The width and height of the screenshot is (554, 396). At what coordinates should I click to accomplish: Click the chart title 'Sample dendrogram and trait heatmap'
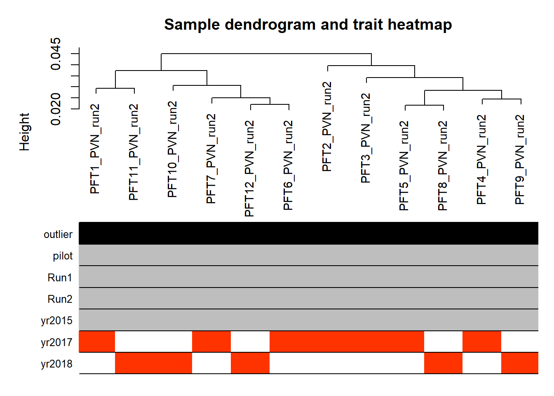(x=308, y=25)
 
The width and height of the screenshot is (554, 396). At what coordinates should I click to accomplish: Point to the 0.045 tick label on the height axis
(x=55, y=54)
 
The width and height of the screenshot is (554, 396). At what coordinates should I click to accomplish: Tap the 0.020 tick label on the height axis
(x=55, y=109)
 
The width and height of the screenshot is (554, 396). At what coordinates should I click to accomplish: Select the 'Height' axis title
(x=24, y=132)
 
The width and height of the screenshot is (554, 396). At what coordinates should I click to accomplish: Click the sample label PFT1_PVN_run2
(x=95, y=149)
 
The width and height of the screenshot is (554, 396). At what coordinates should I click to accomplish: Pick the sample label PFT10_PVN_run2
(x=173, y=149)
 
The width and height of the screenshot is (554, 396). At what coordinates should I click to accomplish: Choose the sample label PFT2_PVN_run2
(x=327, y=127)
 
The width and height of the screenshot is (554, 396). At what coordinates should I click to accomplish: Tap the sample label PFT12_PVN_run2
(x=250, y=168)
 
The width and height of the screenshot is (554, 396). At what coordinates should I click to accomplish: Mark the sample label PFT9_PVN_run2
(x=520, y=159)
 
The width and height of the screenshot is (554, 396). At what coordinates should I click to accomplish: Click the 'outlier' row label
(x=58, y=234)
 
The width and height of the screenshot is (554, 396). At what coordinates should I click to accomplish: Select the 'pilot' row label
(x=63, y=256)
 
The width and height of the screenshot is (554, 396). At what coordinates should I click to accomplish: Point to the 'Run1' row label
(x=60, y=278)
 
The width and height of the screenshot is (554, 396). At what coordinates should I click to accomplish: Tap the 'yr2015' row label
(x=56, y=321)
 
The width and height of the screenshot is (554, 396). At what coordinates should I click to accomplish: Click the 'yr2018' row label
(x=56, y=364)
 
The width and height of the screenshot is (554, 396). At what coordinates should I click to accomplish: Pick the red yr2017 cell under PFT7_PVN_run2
(x=211, y=342)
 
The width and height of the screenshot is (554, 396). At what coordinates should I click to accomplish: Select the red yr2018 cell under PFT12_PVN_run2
(x=250, y=363)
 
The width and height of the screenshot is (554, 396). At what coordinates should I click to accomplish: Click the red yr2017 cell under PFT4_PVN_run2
(x=482, y=342)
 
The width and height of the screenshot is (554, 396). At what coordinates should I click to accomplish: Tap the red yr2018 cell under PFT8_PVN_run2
(x=443, y=363)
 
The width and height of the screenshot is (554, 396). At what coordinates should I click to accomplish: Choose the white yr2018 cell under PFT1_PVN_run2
(x=97, y=363)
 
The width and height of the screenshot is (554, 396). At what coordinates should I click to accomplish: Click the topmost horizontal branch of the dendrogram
(x=266, y=54)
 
